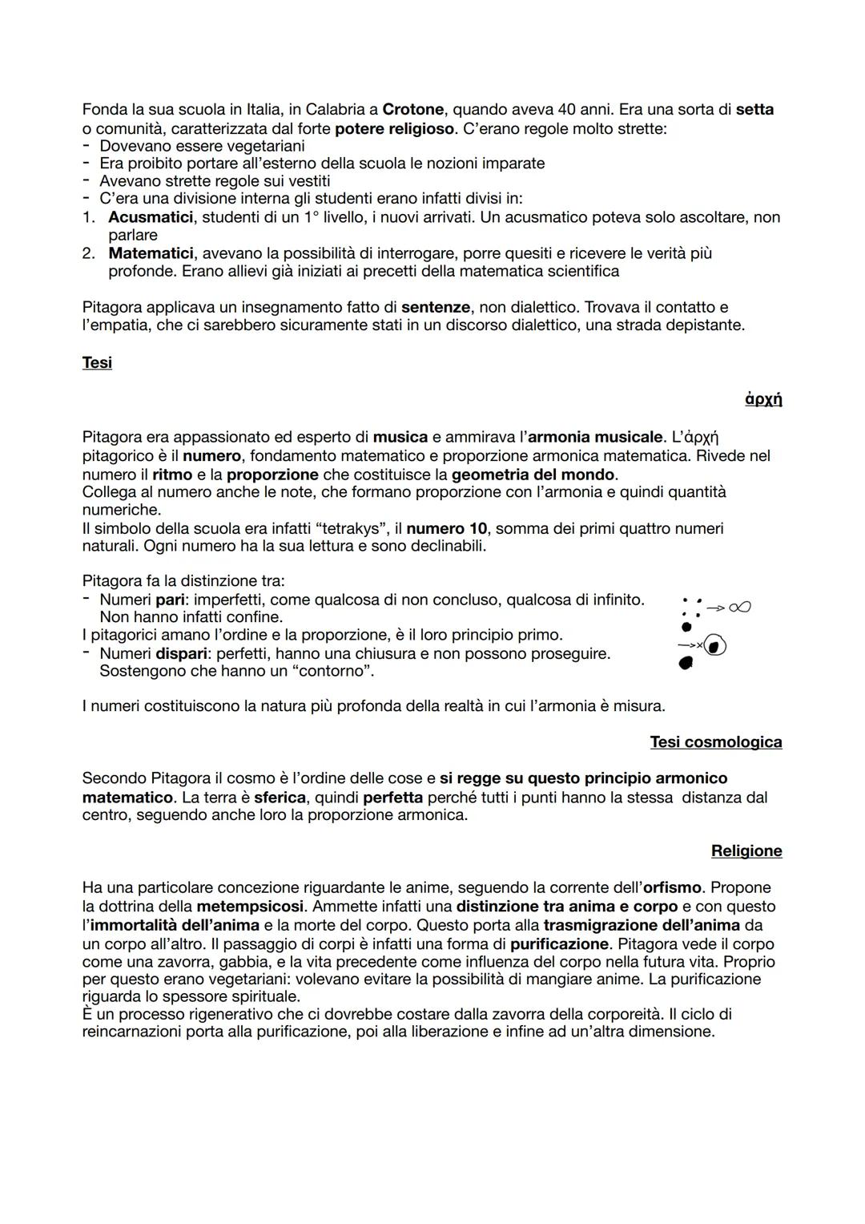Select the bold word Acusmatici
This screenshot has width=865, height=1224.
click(x=151, y=217)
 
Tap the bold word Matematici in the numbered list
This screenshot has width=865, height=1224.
click(x=151, y=253)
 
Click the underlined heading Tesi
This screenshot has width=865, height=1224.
click(x=97, y=363)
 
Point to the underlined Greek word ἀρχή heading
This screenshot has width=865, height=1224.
click(x=763, y=398)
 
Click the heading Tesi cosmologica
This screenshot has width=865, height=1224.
click(x=715, y=742)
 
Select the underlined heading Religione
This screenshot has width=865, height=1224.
click(x=746, y=851)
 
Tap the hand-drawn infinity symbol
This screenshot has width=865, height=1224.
click(x=740, y=608)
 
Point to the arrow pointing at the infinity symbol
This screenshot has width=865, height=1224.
click(x=715, y=608)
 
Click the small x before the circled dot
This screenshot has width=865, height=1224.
click(x=699, y=645)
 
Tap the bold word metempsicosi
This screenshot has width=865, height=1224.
click(x=250, y=907)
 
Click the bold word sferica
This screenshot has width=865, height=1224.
click(x=280, y=798)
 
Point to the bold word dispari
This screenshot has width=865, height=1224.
click(x=181, y=653)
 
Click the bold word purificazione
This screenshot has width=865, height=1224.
click(x=559, y=943)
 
